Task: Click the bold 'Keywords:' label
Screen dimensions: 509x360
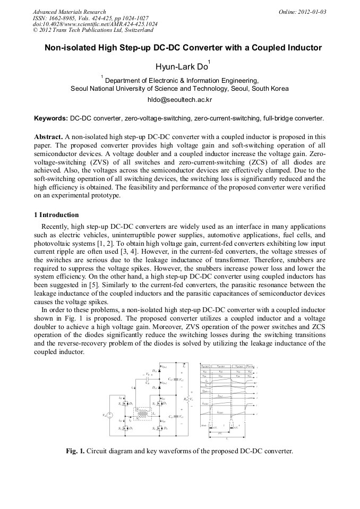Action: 51,118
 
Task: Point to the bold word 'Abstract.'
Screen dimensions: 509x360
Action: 48,137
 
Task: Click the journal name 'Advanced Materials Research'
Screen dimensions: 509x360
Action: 69,12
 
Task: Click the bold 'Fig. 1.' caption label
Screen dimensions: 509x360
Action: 75,451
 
